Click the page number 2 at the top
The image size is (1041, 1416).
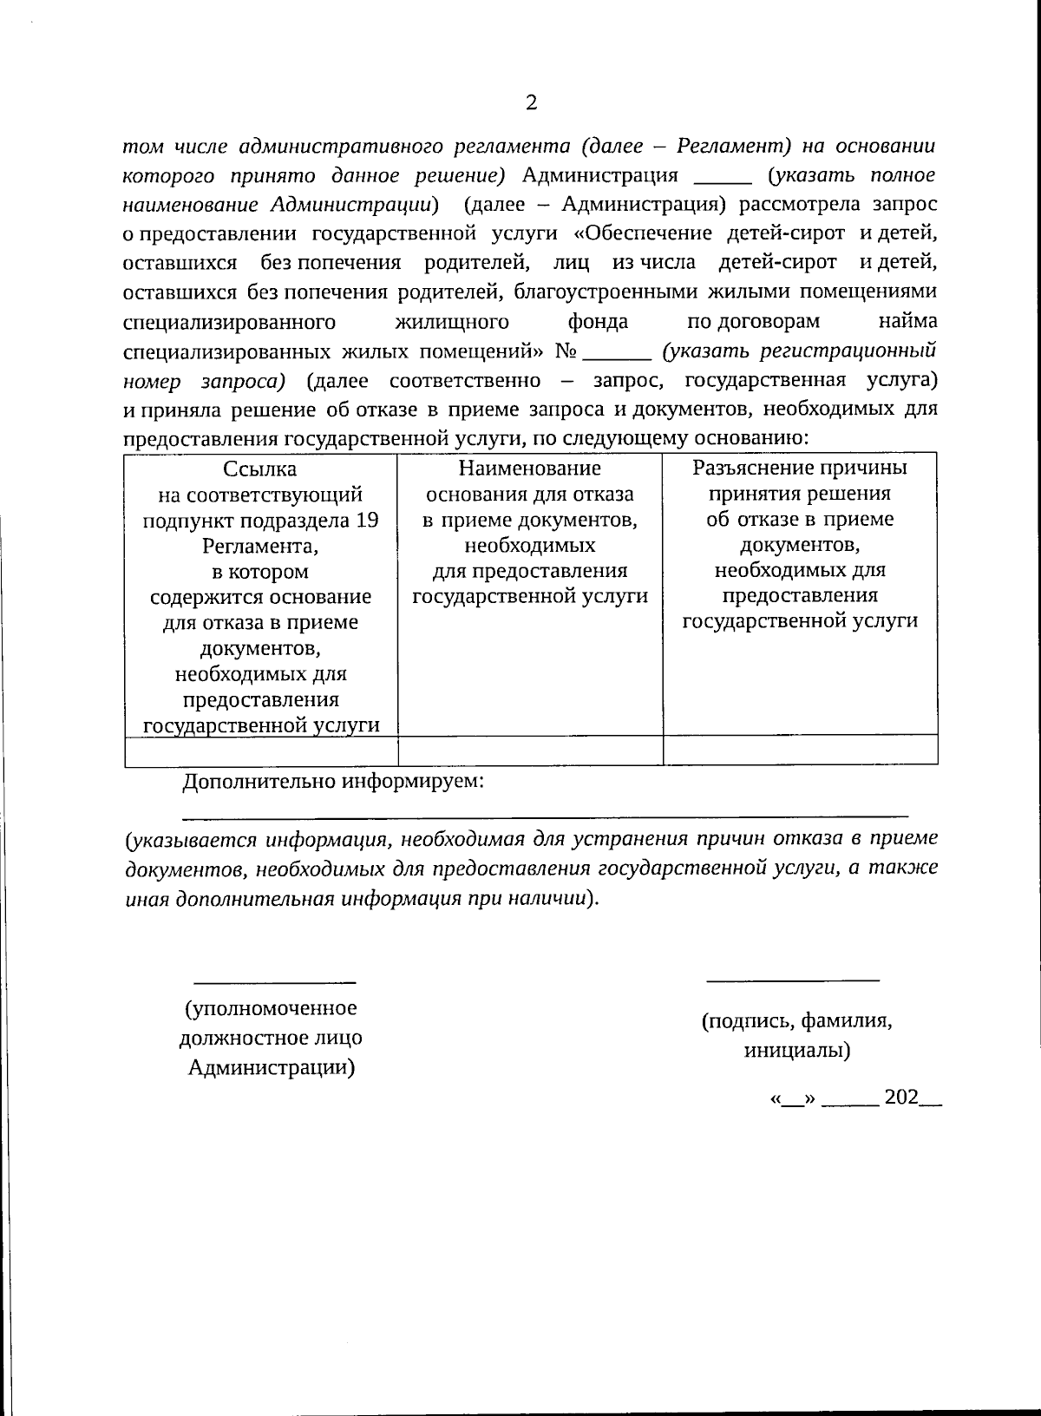click(x=531, y=103)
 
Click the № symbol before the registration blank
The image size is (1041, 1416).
click(x=566, y=352)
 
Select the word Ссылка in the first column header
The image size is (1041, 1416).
click(x=260, y=469)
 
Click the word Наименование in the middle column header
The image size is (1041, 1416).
click(x=529, y=469)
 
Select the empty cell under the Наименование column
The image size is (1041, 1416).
click(x=530, y=751)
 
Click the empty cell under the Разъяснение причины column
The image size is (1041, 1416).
click(x=800, y=750)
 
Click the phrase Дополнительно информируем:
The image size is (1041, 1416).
click(x=333, y=781)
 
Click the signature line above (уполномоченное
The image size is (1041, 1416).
click(x=273, y=982)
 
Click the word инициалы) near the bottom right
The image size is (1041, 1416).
click(x=796, y=1051)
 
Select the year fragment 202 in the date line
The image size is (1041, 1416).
click(x=900, y=1097)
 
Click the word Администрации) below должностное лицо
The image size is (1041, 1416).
click(x=272, y=1067)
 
